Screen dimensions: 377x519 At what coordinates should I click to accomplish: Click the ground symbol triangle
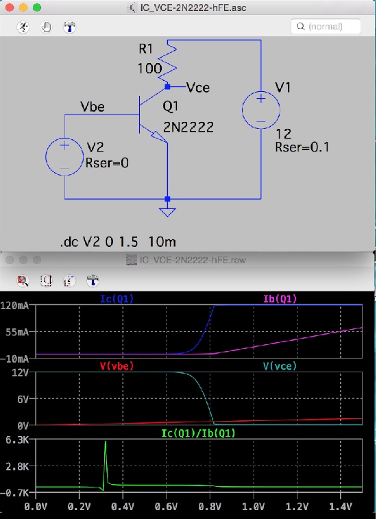[x=167, y=212]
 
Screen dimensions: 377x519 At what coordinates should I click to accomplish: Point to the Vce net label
[x=197, y=87]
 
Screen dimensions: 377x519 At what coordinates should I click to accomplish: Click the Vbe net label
[x=93, y=106]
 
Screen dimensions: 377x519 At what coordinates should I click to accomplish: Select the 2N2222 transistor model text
[x=188, y=127]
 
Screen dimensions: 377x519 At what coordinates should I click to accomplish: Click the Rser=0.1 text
[x=302, y=147]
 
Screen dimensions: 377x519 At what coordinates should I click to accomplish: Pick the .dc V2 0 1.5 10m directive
[x=118, y=242]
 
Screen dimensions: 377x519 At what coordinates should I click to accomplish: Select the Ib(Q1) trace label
[x=280, y=299]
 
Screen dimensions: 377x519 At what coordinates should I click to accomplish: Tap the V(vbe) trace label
[x=117, y=366]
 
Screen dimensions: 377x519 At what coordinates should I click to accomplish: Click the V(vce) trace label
[x=280, y=366]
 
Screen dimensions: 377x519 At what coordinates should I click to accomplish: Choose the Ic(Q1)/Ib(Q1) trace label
[x=198, y=433]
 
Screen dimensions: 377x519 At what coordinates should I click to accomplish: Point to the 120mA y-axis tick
[x=15, y=305]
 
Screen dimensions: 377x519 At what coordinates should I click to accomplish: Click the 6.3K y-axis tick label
[x=17, y=440]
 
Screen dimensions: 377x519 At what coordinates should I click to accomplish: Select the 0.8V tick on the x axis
[x=210, y=507]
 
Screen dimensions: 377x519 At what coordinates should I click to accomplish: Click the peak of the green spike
[x=106, y=442]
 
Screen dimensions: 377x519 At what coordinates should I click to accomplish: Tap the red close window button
[x=10, y=8]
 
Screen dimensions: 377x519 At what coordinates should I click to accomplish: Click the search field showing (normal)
[x=326, y=27]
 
